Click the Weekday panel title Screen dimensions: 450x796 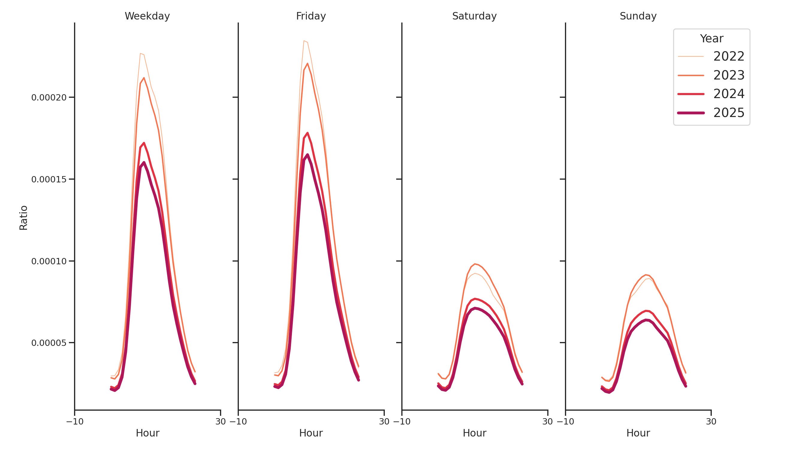[x=147, y=16]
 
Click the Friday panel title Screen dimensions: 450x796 [x=310, y=16]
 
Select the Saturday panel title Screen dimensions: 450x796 [x=474, y=16]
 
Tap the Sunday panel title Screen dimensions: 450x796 [x=638, y=16]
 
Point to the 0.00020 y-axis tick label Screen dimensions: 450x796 [x=49, y=97]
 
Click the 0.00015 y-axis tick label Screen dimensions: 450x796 [x=49, y=179]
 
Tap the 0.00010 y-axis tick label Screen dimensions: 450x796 [x=49, y=261]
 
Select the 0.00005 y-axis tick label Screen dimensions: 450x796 [x=49, y=343]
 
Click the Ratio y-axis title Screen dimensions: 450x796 [x=23, y=217]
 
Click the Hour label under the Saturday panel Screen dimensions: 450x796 [x=474, y=433]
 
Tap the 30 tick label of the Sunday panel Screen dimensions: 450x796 [x=711, y=421]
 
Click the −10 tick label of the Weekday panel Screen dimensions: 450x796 [x=75, y=421]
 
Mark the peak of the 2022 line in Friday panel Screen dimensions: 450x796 [x=304, y=41]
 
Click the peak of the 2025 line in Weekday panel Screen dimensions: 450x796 [x=144, y=162]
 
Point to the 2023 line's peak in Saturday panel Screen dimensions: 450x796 [x=475, y=264]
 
